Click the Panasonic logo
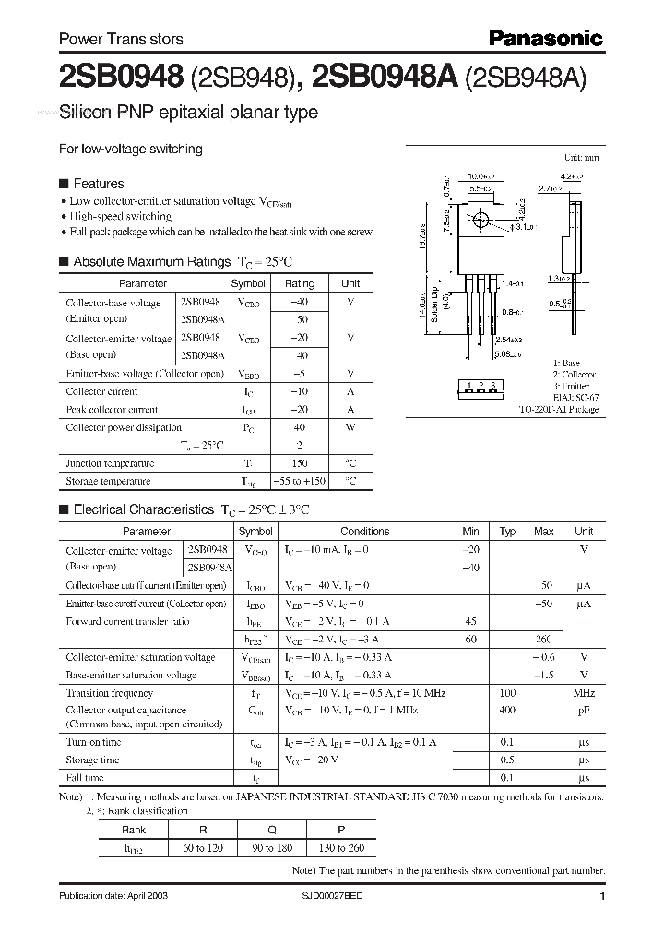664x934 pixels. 544,38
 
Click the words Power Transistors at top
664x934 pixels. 121,39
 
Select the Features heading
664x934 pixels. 98,184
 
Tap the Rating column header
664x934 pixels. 299,284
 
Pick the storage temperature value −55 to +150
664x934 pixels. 299,482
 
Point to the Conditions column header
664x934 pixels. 364,532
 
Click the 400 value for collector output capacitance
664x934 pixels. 506,711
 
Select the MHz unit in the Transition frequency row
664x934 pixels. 583,693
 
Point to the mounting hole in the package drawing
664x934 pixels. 480,222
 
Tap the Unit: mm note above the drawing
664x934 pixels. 581,159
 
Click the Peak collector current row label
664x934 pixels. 112,410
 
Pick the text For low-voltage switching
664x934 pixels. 130,149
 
